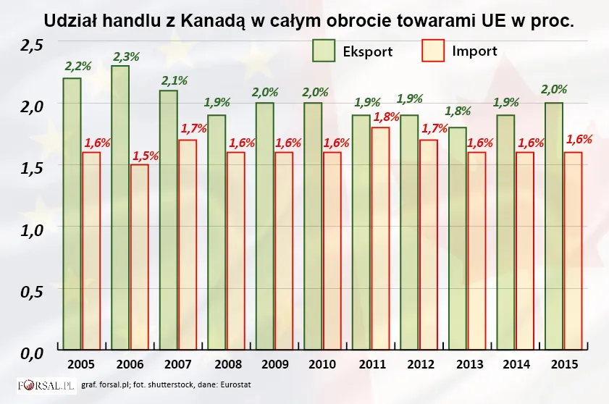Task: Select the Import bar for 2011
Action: click(380, 239)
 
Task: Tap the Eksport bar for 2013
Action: click(458, 239)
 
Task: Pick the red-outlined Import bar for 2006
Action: click(139, 258)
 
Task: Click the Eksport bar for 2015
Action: click(554, 227)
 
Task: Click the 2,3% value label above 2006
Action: click(125, 56)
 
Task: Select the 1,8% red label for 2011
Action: click(385, 117)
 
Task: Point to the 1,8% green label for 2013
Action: click(458, 111)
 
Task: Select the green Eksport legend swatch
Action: click(324, 51)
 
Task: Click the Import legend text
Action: click(474, 51)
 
